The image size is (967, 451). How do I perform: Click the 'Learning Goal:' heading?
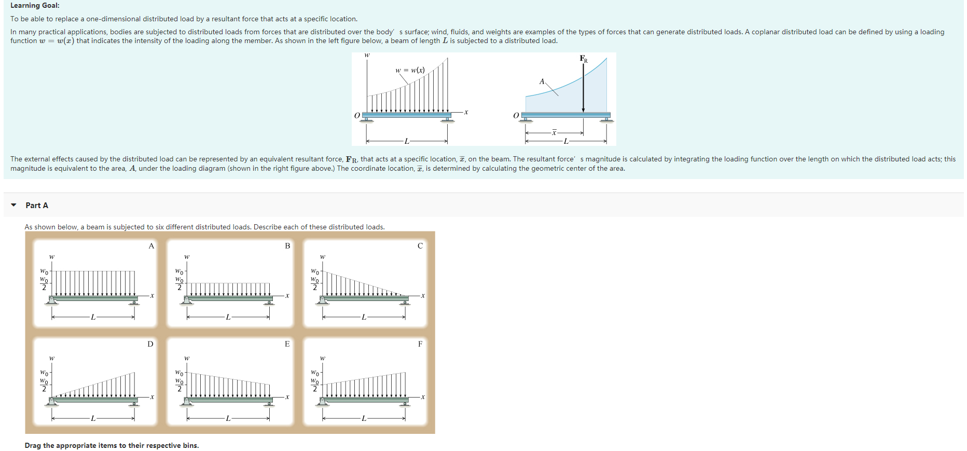[x=35, y=5]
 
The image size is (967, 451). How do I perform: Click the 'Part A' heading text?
[x=37, y=206]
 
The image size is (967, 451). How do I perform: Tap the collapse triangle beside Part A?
[x=13, y=205]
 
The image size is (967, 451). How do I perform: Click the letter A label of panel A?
[x=151, y=246]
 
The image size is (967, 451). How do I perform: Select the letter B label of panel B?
[x=287, y=246]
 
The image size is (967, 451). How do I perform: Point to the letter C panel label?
[x=420, y=246]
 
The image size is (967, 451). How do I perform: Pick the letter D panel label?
[x=150, y=344]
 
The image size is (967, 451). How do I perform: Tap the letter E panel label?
[x=287, y=344]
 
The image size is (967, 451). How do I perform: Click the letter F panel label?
[x=420, y=344]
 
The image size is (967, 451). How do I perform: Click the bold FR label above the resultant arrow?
[x=584, y=59]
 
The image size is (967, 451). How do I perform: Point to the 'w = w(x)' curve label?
[x=410, y=70]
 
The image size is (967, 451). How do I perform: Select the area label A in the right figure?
[x=542, y=81]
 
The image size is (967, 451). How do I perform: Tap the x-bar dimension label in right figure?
[x=554, y=133]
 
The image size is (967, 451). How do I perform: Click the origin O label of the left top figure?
[x=357, y=115]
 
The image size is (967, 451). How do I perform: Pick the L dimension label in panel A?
[x=93, y=317]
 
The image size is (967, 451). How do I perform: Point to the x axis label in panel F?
[x=423, y=397]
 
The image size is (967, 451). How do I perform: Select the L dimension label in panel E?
[x=228, y=418]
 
